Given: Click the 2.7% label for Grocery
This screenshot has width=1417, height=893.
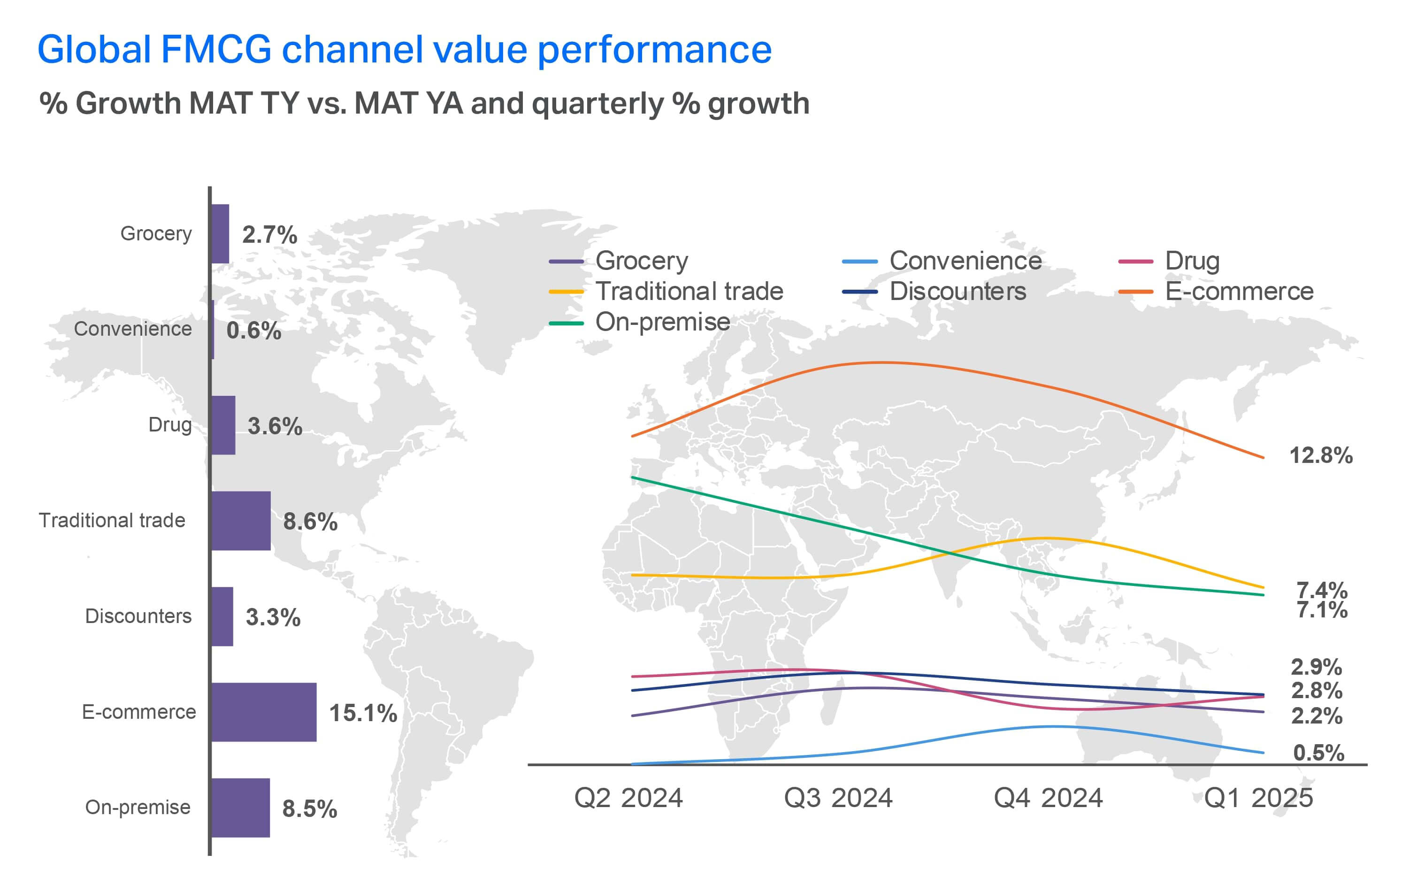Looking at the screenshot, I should point(269,234).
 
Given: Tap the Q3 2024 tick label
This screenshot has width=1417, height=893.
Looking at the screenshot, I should point(838,798).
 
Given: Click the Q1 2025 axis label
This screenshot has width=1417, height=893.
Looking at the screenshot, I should point(1258,798).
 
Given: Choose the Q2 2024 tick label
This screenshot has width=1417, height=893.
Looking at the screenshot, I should point(628,798).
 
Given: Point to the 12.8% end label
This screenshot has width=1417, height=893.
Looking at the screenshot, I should point(1320,455).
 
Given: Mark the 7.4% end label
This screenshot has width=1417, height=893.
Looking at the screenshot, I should point(1322,589).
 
